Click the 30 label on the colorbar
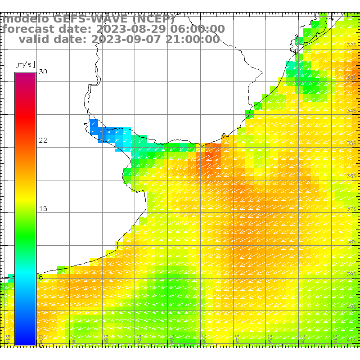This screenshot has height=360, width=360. [x=43, y=72]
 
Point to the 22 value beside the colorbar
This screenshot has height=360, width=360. [x=43, y=140]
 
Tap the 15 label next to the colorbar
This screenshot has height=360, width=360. [x=43, y=209]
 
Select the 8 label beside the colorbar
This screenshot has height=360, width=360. [x=40, y=277]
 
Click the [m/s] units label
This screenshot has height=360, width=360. [x=25, y=63]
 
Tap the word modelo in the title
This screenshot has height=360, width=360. [x=26, y=19]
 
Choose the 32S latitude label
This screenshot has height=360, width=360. [x=352, y=45]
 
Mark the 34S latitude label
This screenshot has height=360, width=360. [x=352, y=111]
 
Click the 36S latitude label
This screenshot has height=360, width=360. [x=352, y=176]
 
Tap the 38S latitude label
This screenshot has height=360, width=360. [x=352, y=242]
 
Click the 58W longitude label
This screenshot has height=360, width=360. [x=106, y=337]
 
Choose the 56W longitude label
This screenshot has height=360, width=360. [x=171, y=337]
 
